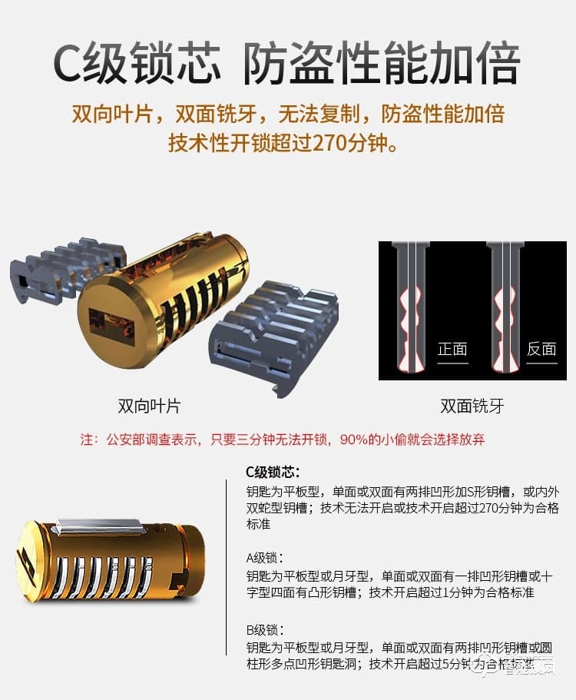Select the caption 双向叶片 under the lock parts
click(149, 406)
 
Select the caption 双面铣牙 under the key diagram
click(472, 406)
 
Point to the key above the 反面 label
click(504, 307)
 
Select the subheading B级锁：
click(264, 629)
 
